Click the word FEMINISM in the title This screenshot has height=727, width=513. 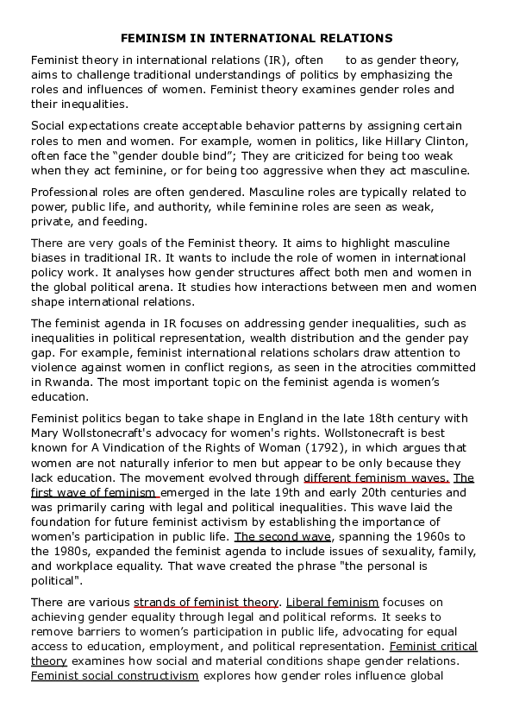click(150, 38)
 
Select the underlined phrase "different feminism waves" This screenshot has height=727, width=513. click(376, 477)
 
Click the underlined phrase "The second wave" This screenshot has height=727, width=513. click(283, 535)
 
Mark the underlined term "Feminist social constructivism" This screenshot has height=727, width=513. click(115, 676)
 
